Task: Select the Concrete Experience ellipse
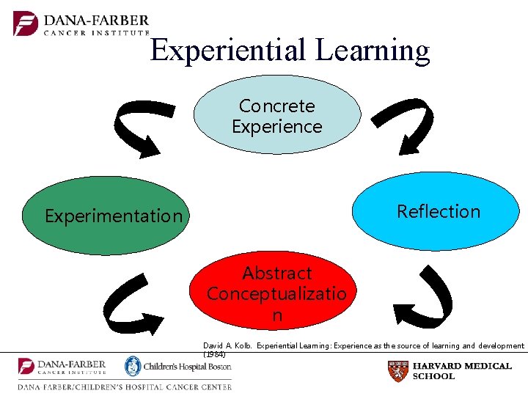click(277, 116)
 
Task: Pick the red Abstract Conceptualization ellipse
click(276, 293)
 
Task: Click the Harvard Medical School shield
click(397, 371)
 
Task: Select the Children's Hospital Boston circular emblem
click(133, 366)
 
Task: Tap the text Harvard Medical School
click(462, 371)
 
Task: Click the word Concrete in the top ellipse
click(277, 106)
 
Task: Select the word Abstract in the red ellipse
click(277, 274)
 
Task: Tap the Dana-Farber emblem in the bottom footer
click(26, 366)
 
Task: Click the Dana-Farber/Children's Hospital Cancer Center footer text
click(125, 386)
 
